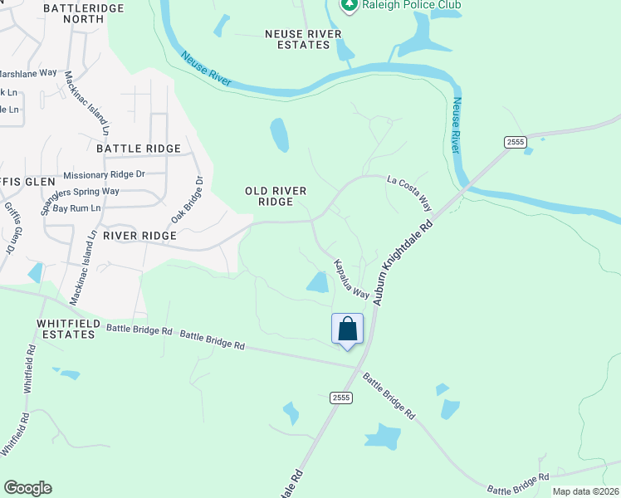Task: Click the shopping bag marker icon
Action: [x=347, y=330]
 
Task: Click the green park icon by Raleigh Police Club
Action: [x=350, y=5]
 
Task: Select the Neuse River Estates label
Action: [x=297, y=39]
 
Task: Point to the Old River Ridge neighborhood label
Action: [x=276, y=196]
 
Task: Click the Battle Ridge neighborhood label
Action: [x=139, y=149]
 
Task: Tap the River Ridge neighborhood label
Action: [x=139, y=236]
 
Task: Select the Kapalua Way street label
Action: [x=351, y=279]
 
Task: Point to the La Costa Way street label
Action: [x=411, y=193]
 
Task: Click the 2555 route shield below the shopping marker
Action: [x=341, y=398]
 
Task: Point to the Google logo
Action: [x=27, y=488]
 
